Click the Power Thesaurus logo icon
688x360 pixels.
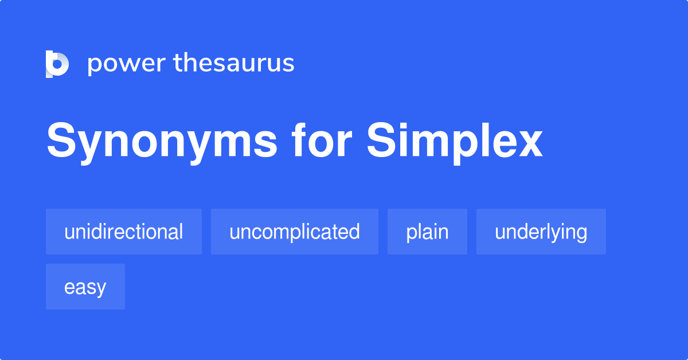(x=57, y=64)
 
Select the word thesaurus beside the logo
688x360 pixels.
(x=234, y=63)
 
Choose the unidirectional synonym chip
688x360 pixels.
(x=124, y=232)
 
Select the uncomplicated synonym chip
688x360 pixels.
(x=295, y=232)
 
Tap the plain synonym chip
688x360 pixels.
(x=427, y=232)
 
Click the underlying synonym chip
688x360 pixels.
(x=541, y=232)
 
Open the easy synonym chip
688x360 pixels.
(x=85, y=287)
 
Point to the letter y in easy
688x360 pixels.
(x=101, y=289)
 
